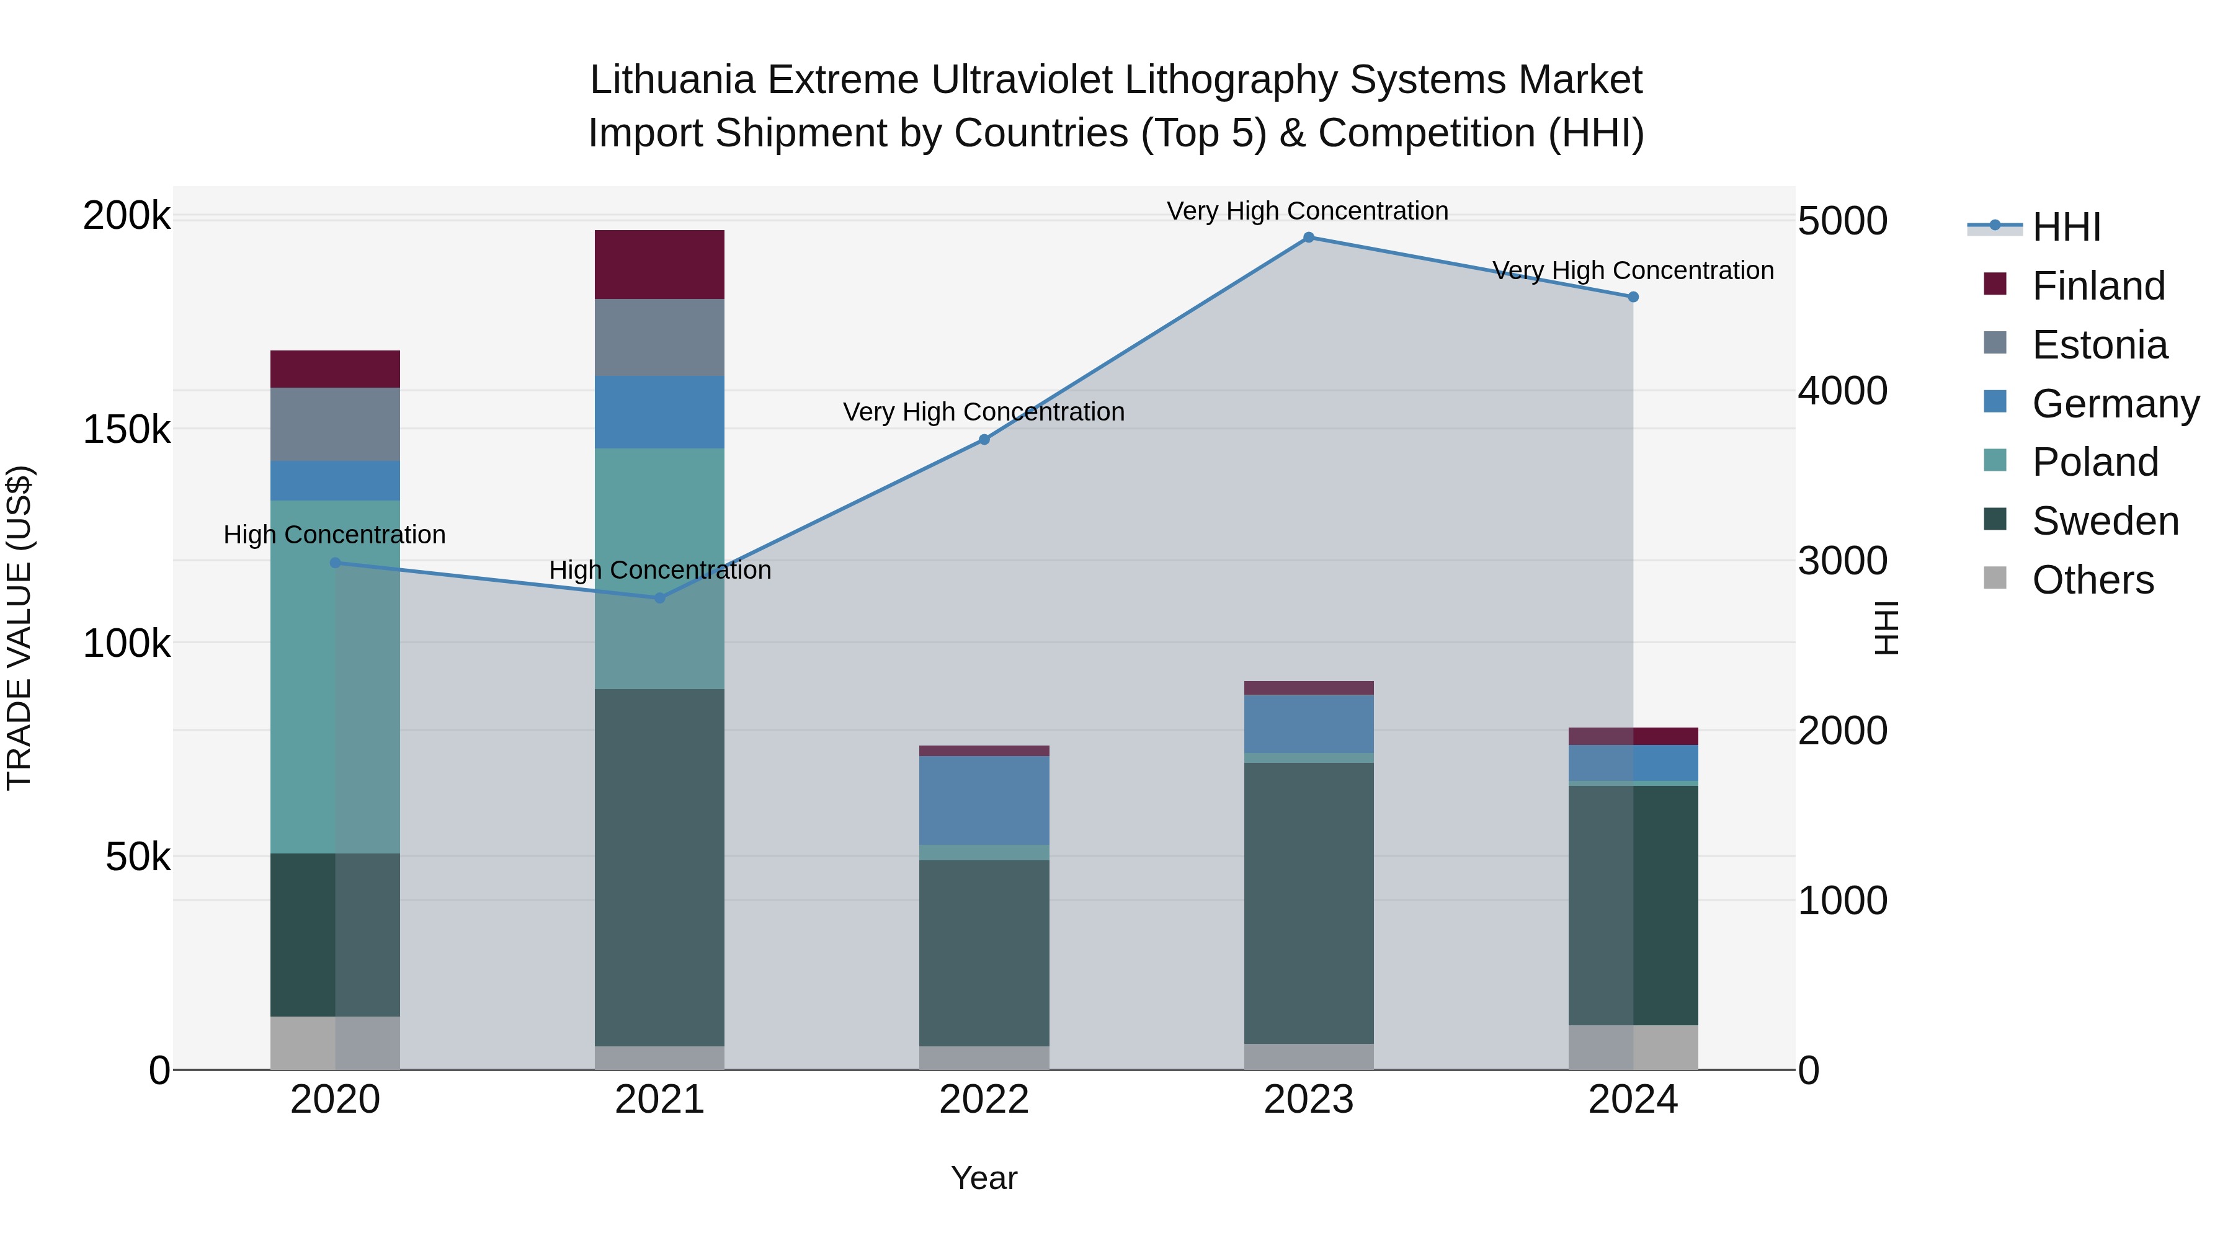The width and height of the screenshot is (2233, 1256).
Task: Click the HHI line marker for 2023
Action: pos(1308,238)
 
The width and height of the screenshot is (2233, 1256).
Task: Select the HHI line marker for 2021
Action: pos(660,598)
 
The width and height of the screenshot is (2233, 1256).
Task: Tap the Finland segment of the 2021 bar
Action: pos(660,264)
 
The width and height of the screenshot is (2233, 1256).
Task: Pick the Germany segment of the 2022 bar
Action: pos(984,800)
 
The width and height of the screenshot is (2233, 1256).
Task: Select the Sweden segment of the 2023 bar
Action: pos(1308,902)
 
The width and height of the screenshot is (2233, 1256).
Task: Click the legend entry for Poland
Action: pos(2094,462)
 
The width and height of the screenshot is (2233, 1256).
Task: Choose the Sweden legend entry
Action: pos(2104,521)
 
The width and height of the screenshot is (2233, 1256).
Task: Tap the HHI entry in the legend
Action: pos(2066,227)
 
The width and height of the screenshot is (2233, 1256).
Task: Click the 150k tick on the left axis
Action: pos(127,429)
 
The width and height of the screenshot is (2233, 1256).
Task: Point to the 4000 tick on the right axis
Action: pos(1842,391)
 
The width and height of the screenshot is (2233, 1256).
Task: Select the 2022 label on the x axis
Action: pos(984,1100)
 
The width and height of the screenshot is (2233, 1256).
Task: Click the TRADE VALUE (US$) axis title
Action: pos(19,628)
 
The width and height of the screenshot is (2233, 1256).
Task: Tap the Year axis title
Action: pos(984,1178)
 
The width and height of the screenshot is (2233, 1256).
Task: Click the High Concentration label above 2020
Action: pos(334,535)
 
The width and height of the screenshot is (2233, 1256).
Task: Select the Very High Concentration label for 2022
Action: pos(984,412)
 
